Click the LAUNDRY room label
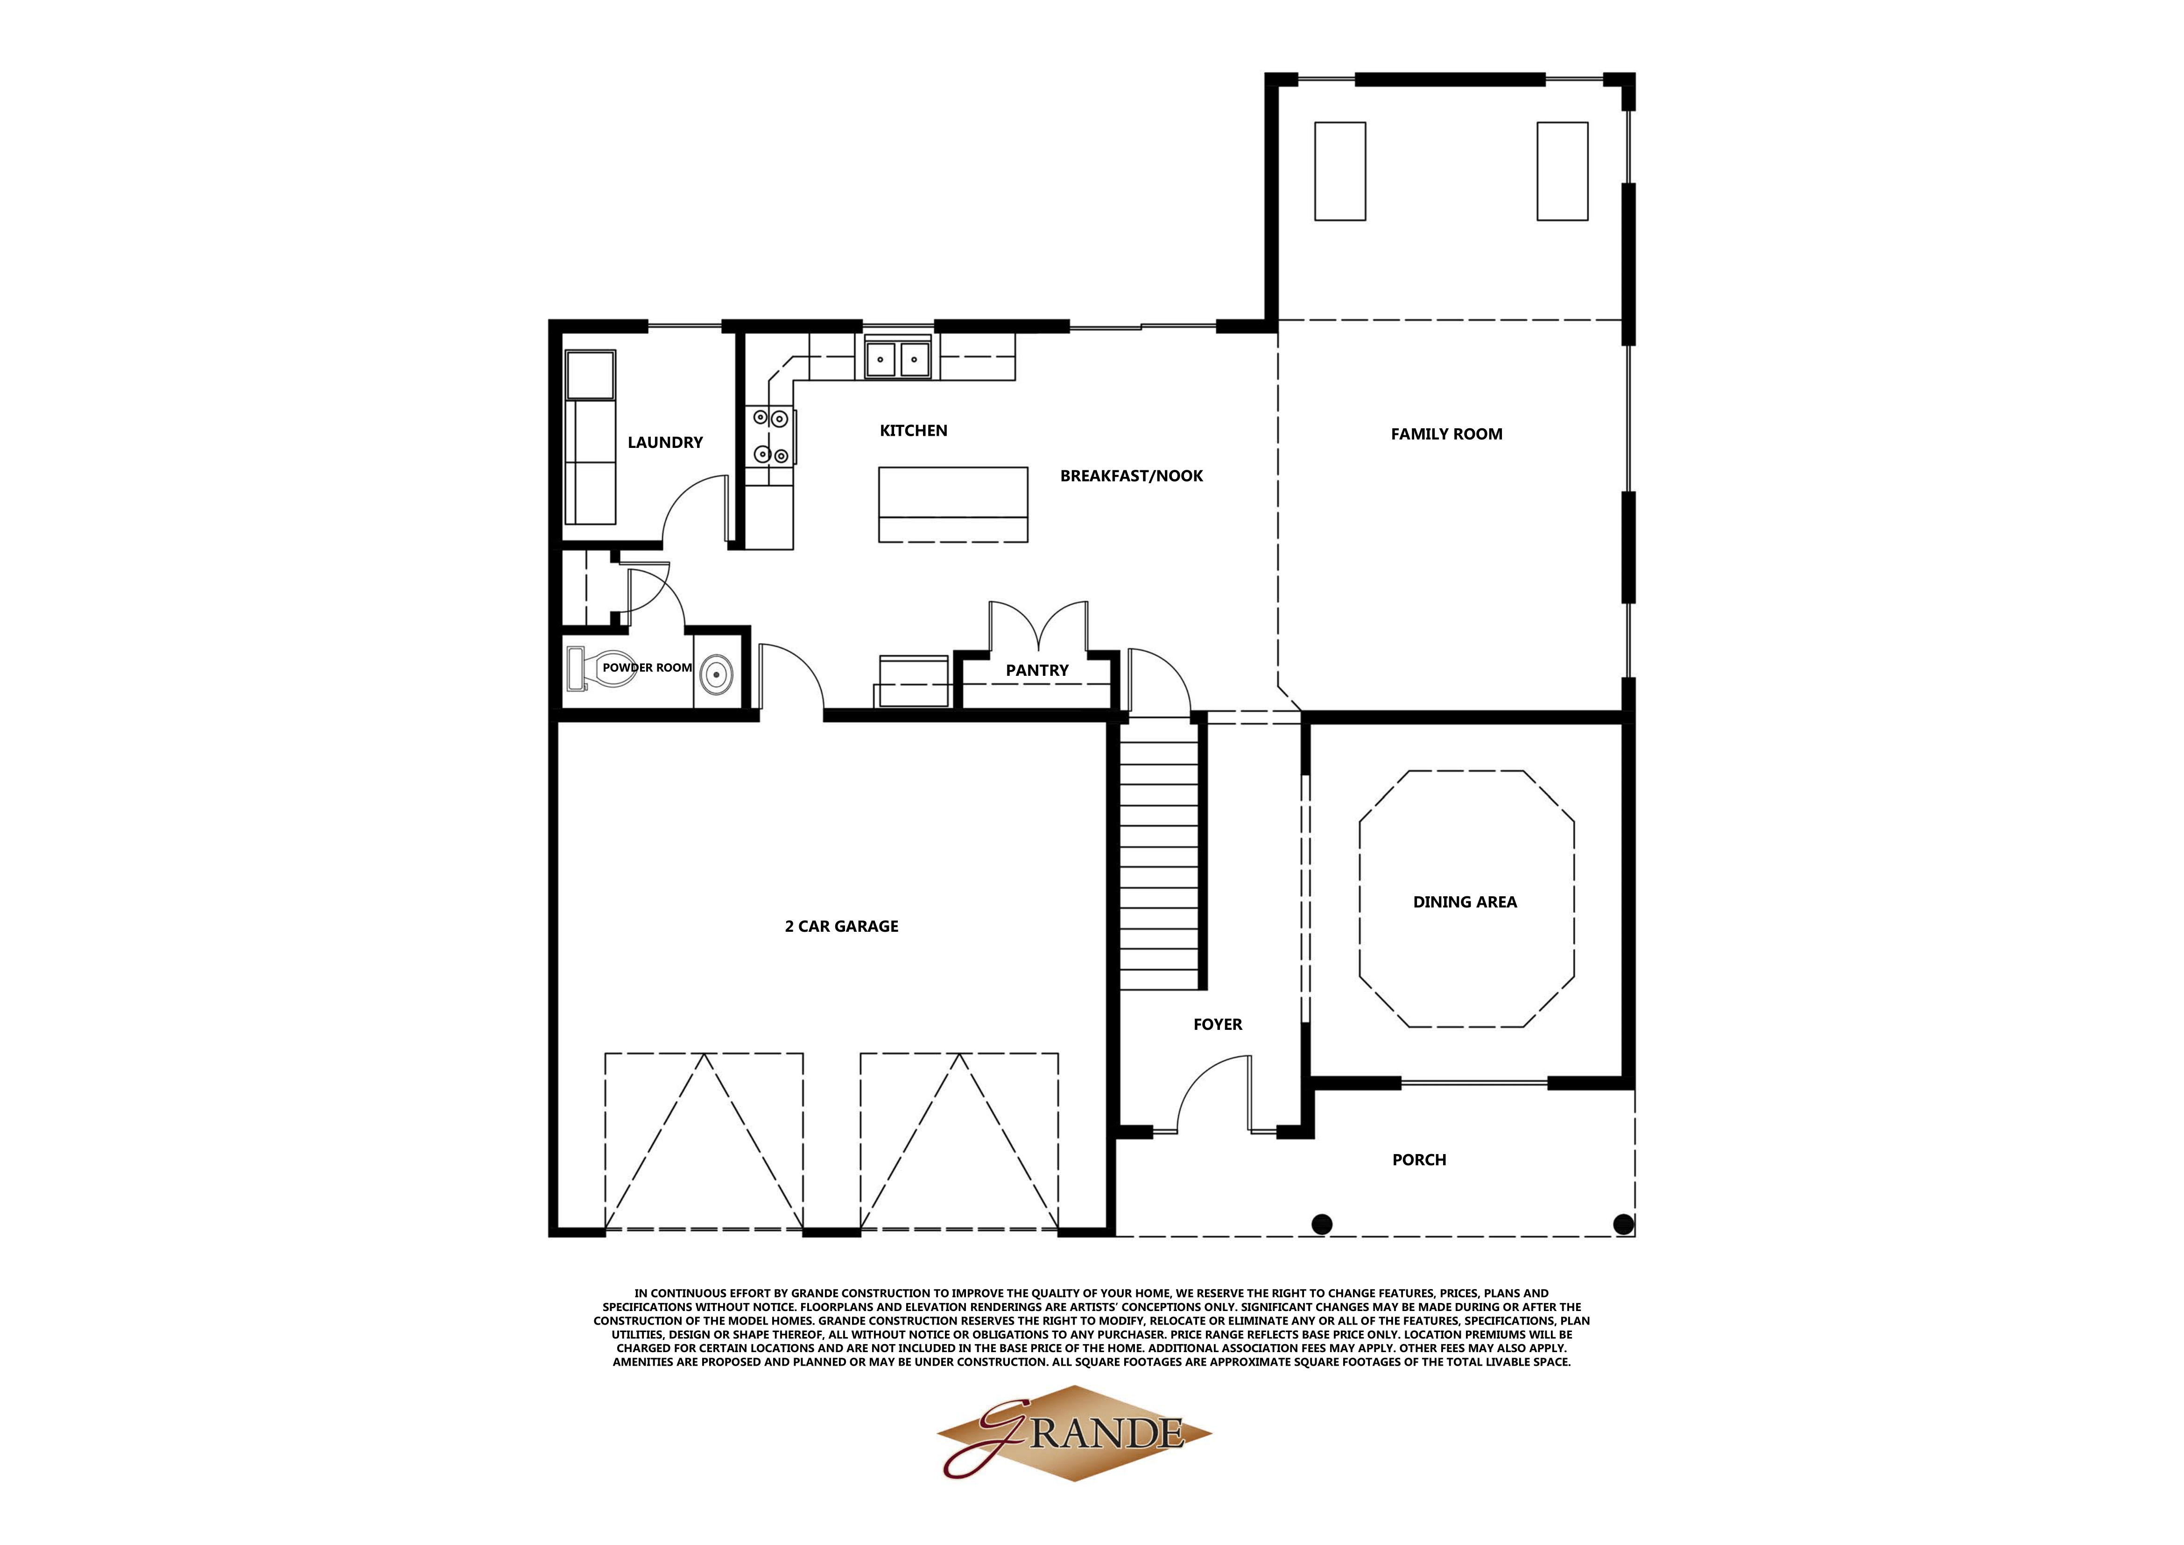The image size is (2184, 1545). click(x=665, y=442)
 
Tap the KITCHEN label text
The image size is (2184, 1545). click(x=913, y=431)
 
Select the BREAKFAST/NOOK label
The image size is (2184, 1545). click(x=1131, y=475)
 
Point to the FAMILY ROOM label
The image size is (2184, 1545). click(x=1446, y=434)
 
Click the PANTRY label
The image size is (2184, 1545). click(x=1037, y=671)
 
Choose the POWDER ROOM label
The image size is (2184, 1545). click(x=647, y=668)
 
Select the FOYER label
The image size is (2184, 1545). click(x=1218, y=1025)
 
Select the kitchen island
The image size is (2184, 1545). click(x=953, y=504)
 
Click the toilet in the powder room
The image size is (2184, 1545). click(x=588, y=668)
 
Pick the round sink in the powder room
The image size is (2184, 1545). click(x=716, y=675)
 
